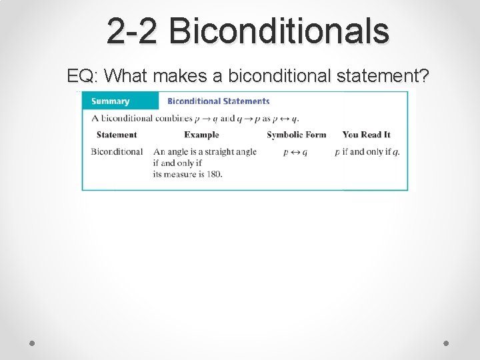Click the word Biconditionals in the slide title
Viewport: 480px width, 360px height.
click(x=279, y=31)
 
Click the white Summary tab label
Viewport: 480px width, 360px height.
click(x=110, y=101)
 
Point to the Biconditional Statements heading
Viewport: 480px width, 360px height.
click(x=218, y=101)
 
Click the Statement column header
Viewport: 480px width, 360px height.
click(x=117, y=135)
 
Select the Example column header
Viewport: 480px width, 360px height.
click(x=201, y=135)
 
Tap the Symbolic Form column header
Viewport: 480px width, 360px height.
click(x=297, y=135)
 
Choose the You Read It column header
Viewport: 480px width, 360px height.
click(x=366, y=135)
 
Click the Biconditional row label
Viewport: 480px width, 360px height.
click(x=117, y=152)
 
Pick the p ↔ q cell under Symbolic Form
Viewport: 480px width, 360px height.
click(x=295, y=152)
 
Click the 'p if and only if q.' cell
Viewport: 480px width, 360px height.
click(x=367, y=152)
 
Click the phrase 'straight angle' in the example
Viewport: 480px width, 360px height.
click(x=230, y=152)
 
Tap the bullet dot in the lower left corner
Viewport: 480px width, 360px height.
click(x=33, y=343)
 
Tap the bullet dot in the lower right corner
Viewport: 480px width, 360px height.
click(x=446, y=343)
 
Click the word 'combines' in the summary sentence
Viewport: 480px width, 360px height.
click(x=172, y=119)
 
